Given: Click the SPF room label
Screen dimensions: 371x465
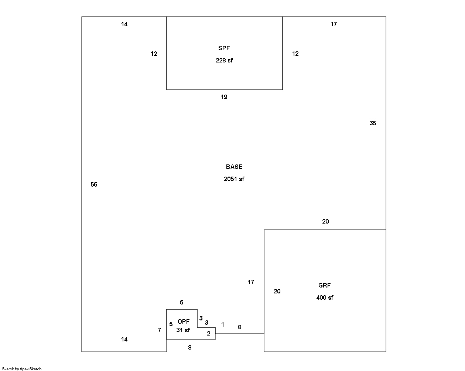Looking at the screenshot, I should coord(224,48).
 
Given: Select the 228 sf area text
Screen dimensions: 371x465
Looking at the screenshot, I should coord(224,61).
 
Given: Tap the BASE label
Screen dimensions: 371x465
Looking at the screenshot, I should coord(234,167).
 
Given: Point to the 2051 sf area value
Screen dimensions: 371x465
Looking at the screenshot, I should coord(234,179).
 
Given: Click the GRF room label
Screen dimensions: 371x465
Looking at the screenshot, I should coord(325,286).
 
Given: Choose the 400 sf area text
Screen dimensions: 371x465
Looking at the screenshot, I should coord(325,298).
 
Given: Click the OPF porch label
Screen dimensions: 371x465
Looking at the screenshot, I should coord(184,322).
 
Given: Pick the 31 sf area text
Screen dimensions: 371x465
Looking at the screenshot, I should coord(183,330).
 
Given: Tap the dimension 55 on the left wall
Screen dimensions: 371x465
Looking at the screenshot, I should coord(94,185).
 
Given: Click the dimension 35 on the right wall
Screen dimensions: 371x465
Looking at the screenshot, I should coord(373,123).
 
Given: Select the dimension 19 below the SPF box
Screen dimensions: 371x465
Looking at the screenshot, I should coord(224,97).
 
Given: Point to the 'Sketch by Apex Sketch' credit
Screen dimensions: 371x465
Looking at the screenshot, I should coord(22,369).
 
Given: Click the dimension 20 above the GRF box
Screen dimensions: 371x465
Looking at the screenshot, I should coord(325,222).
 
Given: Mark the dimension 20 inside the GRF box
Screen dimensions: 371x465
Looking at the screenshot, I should coord(277,292).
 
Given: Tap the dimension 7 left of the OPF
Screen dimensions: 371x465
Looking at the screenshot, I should coord(160,330).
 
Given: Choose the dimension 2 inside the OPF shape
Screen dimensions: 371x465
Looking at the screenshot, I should coord(209,334).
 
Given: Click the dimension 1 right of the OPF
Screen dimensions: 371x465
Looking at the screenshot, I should coord(223,325).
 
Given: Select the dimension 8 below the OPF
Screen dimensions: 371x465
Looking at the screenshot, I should coord(190,348).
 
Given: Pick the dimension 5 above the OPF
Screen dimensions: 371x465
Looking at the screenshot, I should coord(182,303).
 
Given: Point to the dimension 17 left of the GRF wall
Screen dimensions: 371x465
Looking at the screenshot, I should coord(251,282).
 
